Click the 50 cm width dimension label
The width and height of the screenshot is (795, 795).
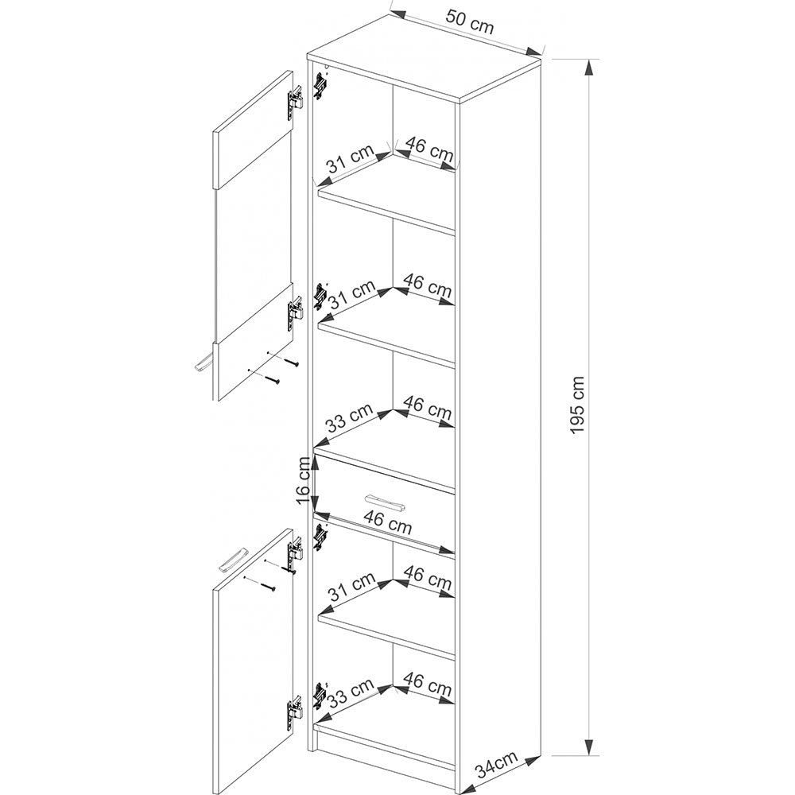pyautogui.click(x=470, y=21)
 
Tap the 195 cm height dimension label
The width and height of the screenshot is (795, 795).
pyautogui.click(x=577, y=405)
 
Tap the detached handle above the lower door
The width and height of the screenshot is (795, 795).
pyautogui.click(x=233, y=560)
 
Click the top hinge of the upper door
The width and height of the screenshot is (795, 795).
pyautogui.click(x=296, y=102)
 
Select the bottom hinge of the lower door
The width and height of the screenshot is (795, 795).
pyautogui.click(x=296, y=710)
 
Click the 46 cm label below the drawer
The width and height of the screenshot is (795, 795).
pyautogui.click(x=388, y=522)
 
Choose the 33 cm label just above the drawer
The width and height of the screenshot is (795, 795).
pyautogui.click(x=349, y=417)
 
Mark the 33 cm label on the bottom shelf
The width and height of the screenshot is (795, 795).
pyautogui.click(x=349, y=693)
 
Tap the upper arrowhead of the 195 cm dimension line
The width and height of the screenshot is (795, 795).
pyautogui.click(x=588, y=68)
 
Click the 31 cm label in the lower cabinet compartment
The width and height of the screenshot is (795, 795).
pyautogui.click(x=351, y=586)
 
